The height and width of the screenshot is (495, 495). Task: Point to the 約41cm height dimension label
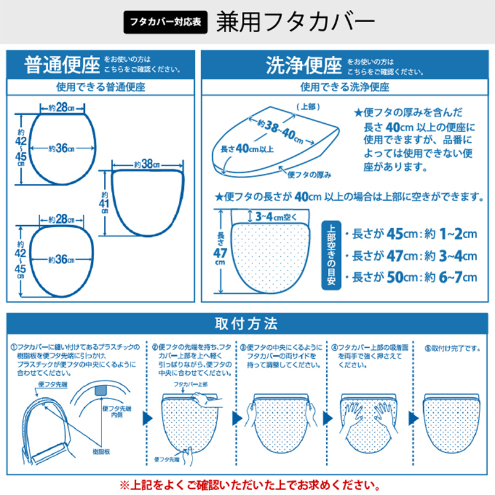[104, 202]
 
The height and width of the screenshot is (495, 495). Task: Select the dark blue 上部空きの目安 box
[329, 255]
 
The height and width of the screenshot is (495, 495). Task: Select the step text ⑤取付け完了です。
[452, 348]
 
